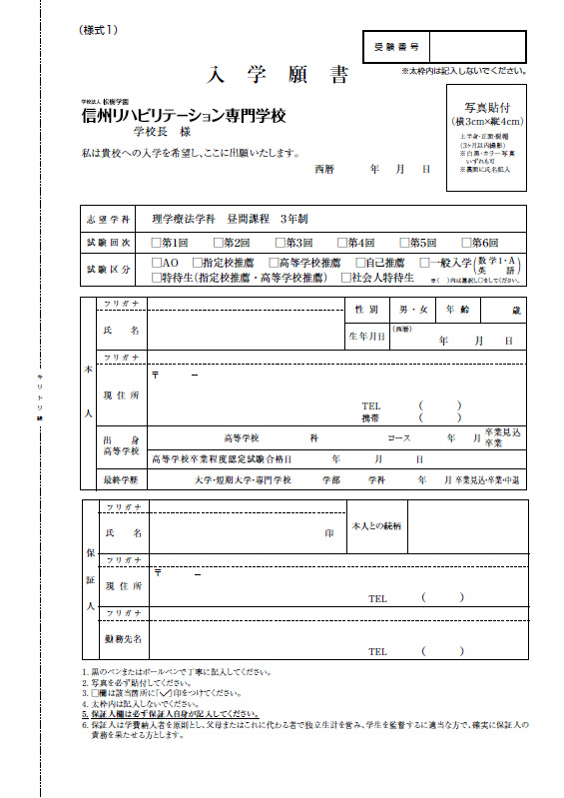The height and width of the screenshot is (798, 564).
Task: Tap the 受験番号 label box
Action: point(395,47)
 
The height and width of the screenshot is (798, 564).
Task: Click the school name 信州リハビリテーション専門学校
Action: point(184,116)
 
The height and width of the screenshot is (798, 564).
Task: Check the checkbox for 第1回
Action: point(155,243)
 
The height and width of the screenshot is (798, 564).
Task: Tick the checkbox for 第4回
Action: point(342,243)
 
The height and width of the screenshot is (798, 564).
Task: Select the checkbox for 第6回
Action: point(465,243)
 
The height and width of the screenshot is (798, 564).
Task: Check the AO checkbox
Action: point(155,263)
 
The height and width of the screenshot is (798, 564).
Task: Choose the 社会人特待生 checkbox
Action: point(346,278)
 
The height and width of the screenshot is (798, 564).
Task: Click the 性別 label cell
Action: point(366,311)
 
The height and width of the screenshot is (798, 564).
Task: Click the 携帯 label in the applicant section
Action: point(369,418)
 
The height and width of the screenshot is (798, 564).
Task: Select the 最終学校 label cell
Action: point(119,480)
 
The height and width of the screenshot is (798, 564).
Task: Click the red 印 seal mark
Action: point(329,534)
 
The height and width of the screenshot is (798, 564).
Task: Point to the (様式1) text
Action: point(98,29)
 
